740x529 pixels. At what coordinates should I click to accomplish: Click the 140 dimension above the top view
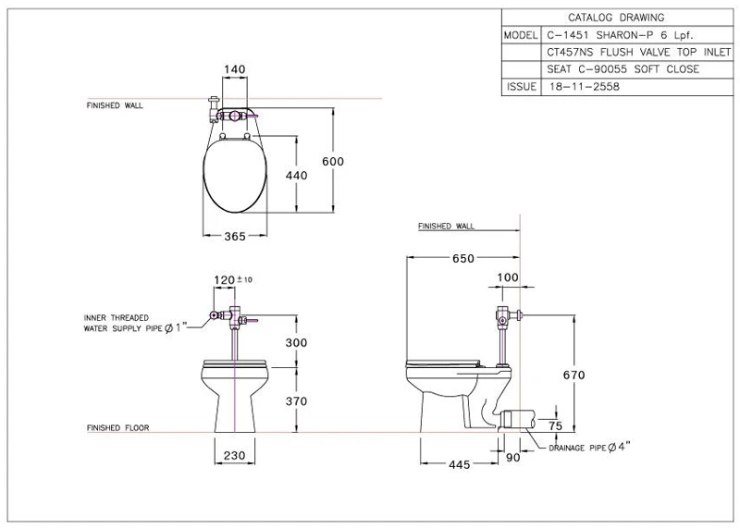pos(235,69)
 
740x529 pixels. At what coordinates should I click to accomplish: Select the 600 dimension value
pos(333,162)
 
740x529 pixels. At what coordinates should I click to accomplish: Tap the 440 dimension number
pos(296,176)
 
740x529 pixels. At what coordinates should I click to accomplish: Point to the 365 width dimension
pos(235,236)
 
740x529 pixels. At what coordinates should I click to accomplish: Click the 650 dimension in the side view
pos(463,259)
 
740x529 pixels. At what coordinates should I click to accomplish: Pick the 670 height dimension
pos(573,375)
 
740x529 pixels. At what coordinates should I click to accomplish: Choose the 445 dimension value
pos(459,465)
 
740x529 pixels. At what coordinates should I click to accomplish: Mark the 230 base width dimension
pos(235,455)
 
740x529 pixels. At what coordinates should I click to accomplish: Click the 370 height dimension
pos(296,401)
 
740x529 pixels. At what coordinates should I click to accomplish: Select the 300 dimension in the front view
pos(296,342)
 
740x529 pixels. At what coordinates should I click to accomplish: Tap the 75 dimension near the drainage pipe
pos(556,425)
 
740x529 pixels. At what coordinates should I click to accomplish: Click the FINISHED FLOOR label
pos(118,428)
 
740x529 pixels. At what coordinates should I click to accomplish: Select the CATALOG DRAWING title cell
pos(616,18)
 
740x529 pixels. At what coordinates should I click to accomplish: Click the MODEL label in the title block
pos(521,35)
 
